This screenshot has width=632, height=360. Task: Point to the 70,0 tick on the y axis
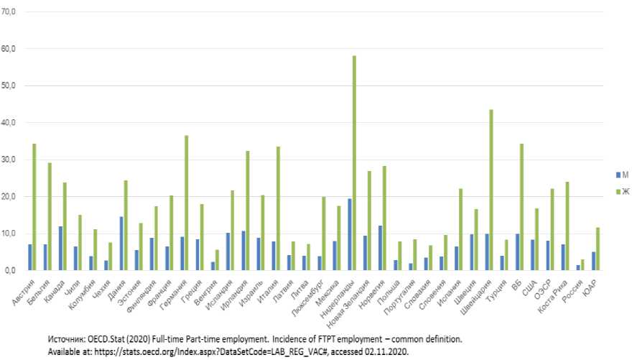click(x=9, y=12)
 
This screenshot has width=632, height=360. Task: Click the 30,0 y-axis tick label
click(x=9, y=160)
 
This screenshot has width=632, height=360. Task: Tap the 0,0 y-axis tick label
click(x=11, y=270)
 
